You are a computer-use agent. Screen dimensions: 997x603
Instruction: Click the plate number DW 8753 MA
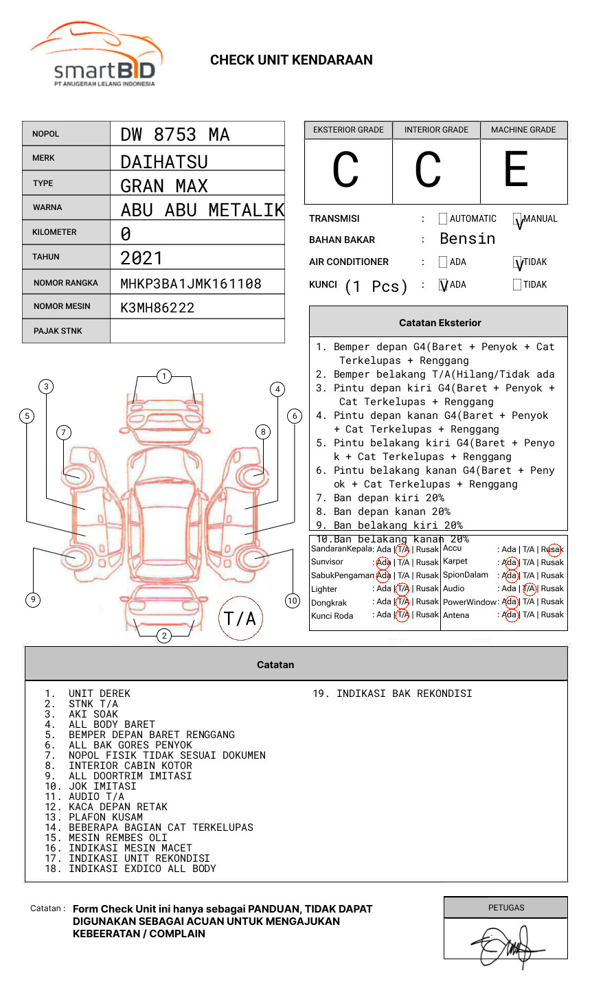[x=174, y=135]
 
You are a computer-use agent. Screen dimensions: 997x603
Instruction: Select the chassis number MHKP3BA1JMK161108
[x=190, y=284]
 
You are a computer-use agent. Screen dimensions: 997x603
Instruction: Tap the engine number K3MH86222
[x=157, y=308]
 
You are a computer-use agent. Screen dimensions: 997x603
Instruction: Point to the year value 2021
[x=141, y=258]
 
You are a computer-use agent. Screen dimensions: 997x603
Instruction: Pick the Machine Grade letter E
[x=516, y=170]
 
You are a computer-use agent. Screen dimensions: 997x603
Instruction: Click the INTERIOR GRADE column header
[x=436, y=130]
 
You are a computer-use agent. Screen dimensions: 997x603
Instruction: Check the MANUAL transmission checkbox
[x=518, y=220]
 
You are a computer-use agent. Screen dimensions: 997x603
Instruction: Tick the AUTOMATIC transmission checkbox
[x=443, y=219]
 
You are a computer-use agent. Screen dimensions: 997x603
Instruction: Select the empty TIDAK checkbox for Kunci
[x=517, y=285]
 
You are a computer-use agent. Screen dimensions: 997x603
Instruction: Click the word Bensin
[x=467, y=239]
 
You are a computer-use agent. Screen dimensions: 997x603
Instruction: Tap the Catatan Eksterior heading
[x=440, y=323]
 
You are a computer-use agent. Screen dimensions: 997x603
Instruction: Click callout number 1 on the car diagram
[x=163, y=376]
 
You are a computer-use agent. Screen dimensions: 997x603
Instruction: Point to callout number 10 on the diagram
[x=293, y=600]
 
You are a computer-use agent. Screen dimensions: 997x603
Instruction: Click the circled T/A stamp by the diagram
[x=240, y=618]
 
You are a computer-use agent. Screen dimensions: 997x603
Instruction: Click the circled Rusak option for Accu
[x=554, y=549]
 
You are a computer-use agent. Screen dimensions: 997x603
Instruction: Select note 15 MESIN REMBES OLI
[x=117, y=838]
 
